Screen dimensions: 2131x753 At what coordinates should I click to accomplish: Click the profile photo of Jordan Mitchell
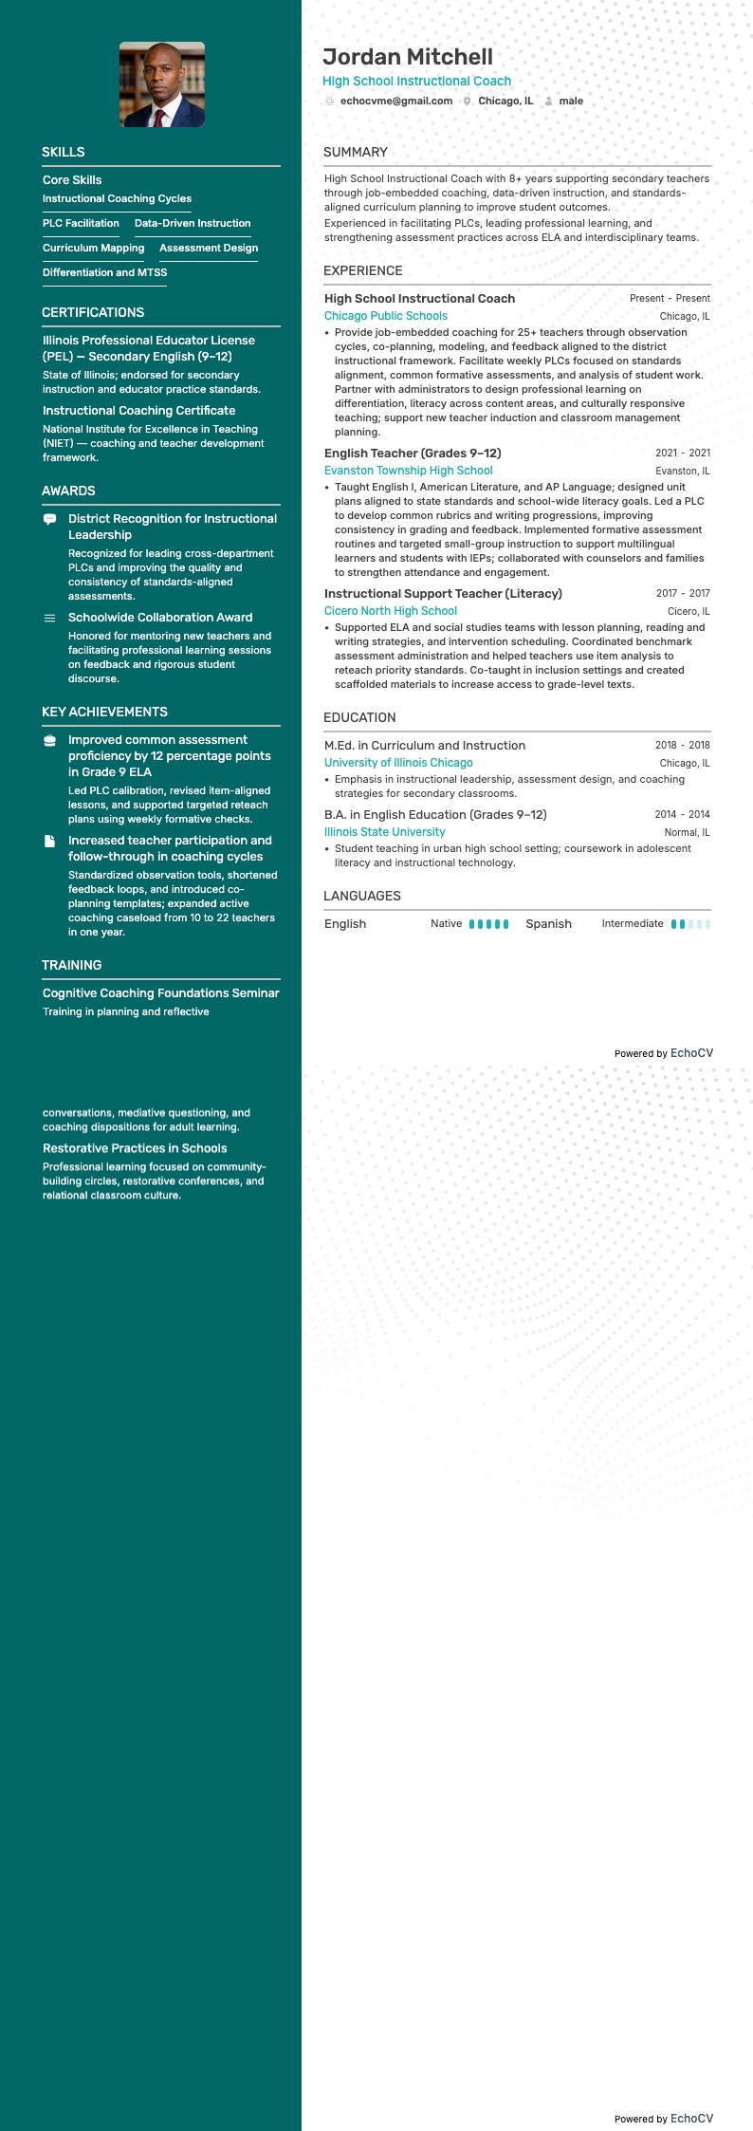[162, 84]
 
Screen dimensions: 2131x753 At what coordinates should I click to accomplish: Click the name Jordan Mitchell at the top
[408, 57]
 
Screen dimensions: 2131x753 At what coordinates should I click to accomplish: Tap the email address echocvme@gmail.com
[395, 101]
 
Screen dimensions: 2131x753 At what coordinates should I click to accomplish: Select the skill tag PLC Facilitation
[81, 223]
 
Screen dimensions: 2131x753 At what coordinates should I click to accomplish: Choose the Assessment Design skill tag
[209, 248]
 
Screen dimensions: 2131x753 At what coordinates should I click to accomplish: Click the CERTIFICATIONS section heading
[93, 312]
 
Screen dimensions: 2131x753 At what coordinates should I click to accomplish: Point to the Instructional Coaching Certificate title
[138, 411]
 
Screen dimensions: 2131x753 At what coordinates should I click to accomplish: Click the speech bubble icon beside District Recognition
[50, 519]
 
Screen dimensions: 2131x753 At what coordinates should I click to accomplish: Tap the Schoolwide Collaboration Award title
[160, 618]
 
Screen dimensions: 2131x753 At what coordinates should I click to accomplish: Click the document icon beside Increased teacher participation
[50, 841]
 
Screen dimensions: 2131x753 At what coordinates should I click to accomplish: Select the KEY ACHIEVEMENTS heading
[104, 712]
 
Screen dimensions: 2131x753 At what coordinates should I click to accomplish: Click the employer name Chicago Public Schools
[386, 316]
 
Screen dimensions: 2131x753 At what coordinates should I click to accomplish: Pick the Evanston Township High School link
[409, 471]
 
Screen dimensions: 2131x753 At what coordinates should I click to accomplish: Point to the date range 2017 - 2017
[683, 593]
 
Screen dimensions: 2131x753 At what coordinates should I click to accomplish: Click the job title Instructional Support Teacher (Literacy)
[443, 594]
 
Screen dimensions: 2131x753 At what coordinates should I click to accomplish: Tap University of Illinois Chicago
[398, 763]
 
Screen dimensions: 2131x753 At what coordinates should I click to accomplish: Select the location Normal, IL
[687, 832]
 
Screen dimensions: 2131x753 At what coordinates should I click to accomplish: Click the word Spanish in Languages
[548, 924]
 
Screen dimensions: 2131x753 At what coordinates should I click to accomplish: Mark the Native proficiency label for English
[446, 923]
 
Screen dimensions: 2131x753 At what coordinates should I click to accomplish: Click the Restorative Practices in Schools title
[135, 1148]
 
